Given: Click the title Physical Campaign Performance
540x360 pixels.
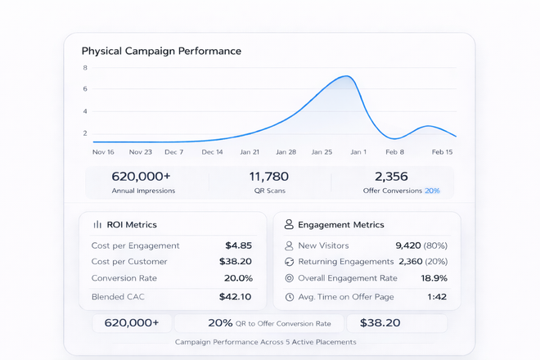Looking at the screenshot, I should coord(161,51).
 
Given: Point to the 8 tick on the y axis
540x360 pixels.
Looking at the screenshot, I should coord(85,67).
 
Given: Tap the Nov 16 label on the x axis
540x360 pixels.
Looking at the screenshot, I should coord(103,152).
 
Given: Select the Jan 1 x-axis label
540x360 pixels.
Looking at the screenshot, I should coord(358,152).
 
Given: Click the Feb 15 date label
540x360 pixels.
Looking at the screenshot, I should coord(443,152).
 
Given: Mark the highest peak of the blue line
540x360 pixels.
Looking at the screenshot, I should coord(346,76).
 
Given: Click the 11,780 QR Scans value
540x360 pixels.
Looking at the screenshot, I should coord(268,176).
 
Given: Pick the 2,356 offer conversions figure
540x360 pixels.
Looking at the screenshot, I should coord(391,176).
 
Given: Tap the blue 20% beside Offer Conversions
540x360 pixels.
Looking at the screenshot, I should coord(432,191).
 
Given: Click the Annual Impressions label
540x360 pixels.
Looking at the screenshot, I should coord(143,191).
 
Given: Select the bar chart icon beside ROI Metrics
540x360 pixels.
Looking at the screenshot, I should coord(97,224).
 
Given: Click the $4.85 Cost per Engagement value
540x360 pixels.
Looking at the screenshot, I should coord(238,245).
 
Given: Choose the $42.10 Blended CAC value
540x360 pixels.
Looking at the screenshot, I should coord(236,297).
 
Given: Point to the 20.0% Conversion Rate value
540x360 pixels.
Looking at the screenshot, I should coord(238,278).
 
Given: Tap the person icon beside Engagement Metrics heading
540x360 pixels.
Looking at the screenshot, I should coord(289,224).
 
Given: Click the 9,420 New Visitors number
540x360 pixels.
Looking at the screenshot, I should coord(407,245).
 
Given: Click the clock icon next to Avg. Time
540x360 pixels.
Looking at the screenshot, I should coord(289,297).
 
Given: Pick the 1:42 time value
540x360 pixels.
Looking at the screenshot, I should coord(437,297).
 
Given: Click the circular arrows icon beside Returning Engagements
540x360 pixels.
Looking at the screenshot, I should coord(289,262).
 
